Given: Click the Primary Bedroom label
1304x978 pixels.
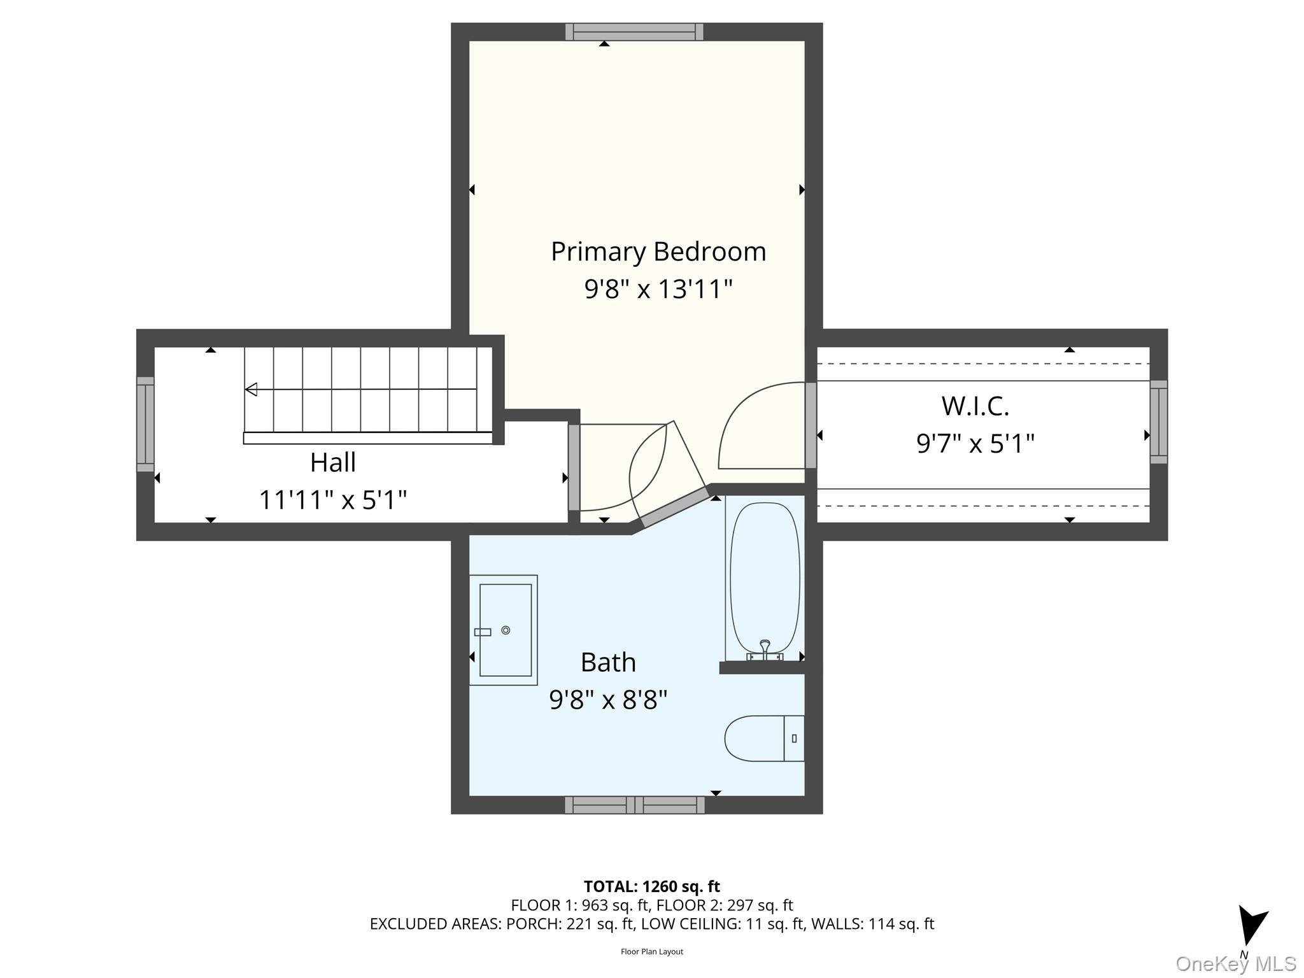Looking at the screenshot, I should point(658,252).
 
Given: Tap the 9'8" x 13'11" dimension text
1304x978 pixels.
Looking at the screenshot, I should point(658,289).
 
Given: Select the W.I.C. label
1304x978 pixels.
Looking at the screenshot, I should point(975,406).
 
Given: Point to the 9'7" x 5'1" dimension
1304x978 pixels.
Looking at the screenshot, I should point(975,443).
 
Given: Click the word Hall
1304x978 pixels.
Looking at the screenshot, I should point(332,463).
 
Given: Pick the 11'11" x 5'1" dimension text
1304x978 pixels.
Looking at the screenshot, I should point(332,500).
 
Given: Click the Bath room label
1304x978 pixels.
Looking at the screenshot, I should point(608,663).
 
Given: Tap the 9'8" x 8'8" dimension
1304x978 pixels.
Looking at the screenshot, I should point(608,700).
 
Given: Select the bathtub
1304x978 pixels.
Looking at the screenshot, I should point(765,576).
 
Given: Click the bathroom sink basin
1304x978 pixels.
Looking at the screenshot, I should point(506,630).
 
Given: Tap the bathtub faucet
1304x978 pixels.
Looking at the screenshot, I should point(765,649).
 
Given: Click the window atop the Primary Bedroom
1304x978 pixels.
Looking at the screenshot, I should point(634,32).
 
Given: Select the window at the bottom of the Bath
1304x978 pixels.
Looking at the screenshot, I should point(634,805).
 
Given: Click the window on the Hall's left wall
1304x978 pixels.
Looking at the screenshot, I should point(145,424).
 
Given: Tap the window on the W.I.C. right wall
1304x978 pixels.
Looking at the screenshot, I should point(1158,422).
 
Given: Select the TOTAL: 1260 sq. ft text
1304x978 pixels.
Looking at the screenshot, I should point(651,886).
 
